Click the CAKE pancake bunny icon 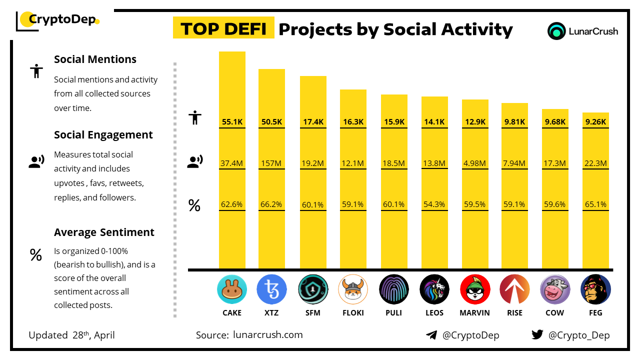[x=232, y=289]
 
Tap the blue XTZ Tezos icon [x=271, y=289]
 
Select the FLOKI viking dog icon [x=353, y=289]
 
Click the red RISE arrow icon [x=514, y=289]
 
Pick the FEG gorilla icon [x=595, y=289]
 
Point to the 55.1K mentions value [x=232, y=121]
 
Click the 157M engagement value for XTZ [x=271, y=163]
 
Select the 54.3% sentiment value [x=434, y=204]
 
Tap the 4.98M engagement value [x=475, y=163]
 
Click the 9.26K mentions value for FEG [x=595, y=121]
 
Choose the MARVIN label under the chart [x=475, y=313]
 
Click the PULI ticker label [x=393, y=313]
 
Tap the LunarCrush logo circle [x=556, y=31]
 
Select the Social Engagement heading [x=103, y=135]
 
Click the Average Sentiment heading [x=104, y=232]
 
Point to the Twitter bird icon [x=537, y=335]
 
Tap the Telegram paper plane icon [x=431, y=335]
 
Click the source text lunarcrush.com [x=268, y=335]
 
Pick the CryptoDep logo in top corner [x=57, y=20]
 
